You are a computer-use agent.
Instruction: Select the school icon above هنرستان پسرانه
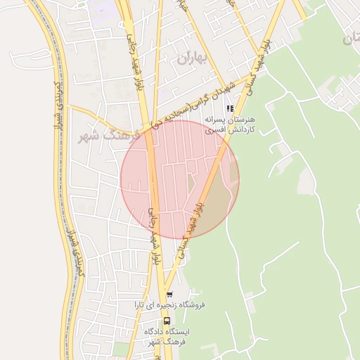pos(230,108)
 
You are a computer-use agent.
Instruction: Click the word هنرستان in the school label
pos(240,120)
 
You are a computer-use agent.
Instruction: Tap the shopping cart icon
pos(168,295)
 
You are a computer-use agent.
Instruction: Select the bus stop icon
pos(167,321)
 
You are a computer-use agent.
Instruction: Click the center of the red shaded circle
pos(180,179)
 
